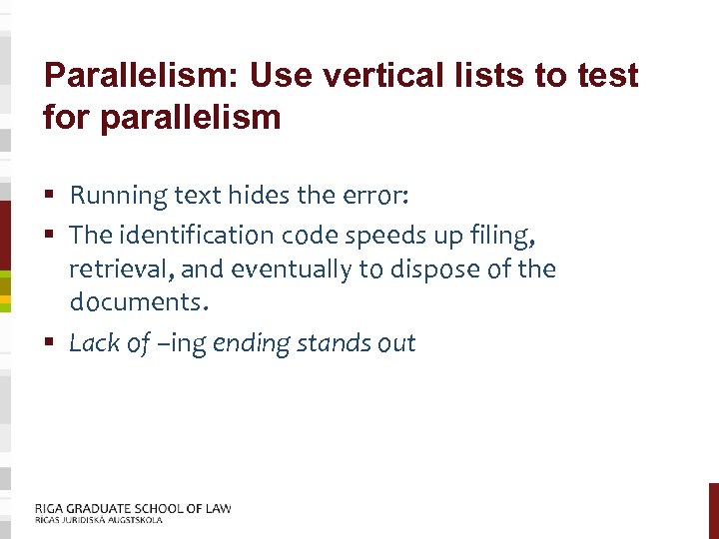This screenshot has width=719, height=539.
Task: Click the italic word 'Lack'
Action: (x=94, y=343)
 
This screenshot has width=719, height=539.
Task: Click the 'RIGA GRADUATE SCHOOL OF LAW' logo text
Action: (x=132, y=508)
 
